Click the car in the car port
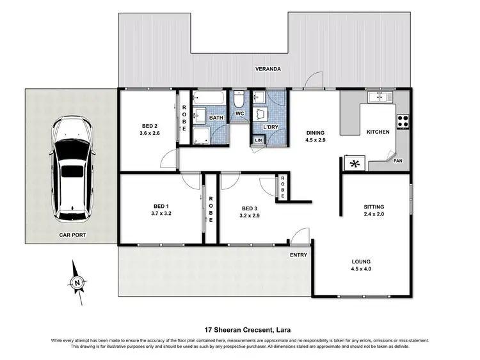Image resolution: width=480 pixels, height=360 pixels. pyautogui.click(x=71, y=168)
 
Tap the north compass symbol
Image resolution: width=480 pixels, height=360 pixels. pyautogui.click(x=77, y=282)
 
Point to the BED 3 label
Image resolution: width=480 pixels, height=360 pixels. pyautogui.click(x=250, y=208)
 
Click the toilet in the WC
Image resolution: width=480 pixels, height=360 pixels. pyautogui.click(x=239, y=101)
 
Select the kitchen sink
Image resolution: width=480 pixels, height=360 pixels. pyautogui.click(x=380, y=97)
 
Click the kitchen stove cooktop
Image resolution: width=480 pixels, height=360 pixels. pyautogui.click(x=404, y=120)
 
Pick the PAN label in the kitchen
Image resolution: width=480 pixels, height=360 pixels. pyautogui.click(x=397, y=160)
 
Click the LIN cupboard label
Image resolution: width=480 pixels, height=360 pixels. pyautogui.click(x=259, y=141)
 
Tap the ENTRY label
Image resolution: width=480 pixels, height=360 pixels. pyautogui.click(x=298, y=255)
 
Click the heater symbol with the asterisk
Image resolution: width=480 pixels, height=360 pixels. pyautogui.click(x=354, y=163)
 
